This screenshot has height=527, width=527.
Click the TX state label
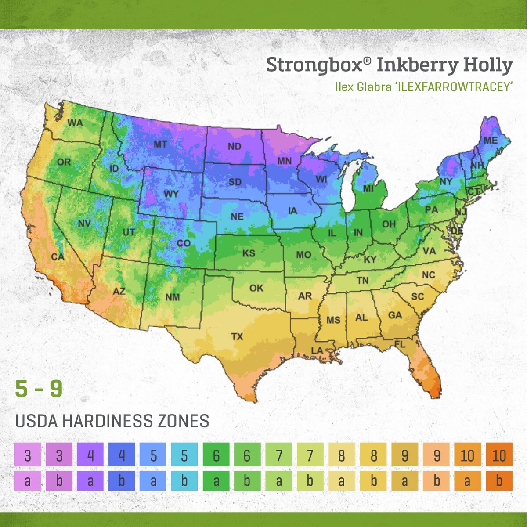point(237,337)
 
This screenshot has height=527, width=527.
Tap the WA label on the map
point(75,123)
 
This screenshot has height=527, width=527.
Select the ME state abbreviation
point(491,141)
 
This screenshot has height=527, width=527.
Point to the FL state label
point(400,345)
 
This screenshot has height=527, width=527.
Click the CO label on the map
point(184,243)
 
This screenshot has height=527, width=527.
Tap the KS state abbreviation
point(249,253)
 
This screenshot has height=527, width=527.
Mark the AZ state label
point(119,291)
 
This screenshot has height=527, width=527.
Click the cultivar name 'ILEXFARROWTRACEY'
point(457,87)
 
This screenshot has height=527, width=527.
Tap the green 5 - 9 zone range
point(39,389)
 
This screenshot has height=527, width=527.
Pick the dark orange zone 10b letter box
point(499,480)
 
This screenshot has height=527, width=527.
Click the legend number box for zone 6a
point(216,455)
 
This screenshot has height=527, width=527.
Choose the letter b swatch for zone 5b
point(184,480)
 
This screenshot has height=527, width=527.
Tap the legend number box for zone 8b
point(373,455)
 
